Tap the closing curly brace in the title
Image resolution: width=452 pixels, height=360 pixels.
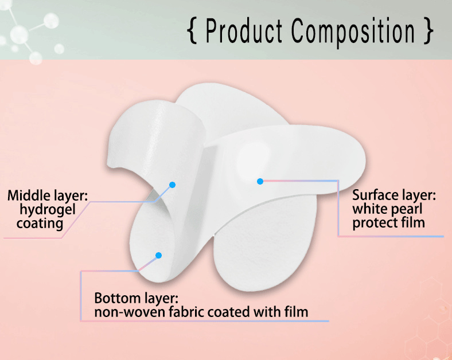click(x=427, y=31)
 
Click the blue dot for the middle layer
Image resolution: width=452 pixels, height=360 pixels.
click(x=172, y=185)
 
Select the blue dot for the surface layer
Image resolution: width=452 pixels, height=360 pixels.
click(x=260, y=181)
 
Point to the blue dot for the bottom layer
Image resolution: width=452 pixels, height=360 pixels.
click(x=158, y=255)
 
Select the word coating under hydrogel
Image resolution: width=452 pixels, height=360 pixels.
click(x=40, y=223)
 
